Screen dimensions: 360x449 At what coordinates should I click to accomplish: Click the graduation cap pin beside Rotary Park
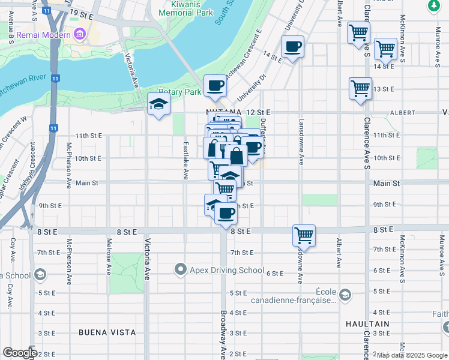coord(158,105)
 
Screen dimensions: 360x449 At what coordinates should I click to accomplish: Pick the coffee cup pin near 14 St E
coord(292,47)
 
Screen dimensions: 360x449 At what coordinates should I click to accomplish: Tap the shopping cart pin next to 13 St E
coord(360,88)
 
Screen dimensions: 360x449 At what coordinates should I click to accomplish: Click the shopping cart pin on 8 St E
coord(304,235)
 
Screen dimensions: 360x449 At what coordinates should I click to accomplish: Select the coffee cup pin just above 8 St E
coord(226,213)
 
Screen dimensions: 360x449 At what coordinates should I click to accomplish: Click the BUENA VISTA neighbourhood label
coord(107,332)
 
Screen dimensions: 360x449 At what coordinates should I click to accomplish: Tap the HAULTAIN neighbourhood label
coord(368,323)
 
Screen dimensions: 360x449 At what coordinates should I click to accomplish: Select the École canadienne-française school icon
coord(345,295)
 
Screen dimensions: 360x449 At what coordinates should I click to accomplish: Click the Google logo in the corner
coord(19,353)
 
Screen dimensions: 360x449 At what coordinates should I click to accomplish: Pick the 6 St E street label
coord(274,273)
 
